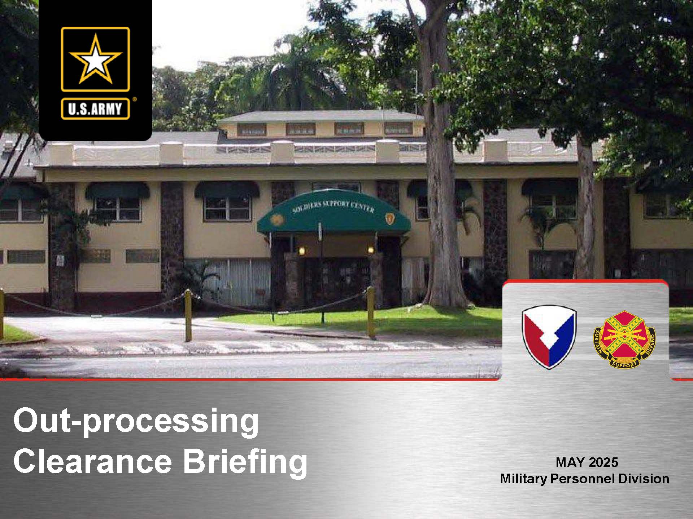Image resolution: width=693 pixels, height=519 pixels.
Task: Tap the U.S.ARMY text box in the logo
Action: (95, 108)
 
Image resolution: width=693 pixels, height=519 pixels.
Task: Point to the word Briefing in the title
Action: (245, 463)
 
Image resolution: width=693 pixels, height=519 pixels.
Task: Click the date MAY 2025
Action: (587, 462)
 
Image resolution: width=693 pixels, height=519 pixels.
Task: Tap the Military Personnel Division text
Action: (585, 479)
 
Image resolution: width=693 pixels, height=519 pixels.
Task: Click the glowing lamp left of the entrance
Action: (302, 250)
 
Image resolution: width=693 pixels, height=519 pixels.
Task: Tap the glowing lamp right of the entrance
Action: (370, 249)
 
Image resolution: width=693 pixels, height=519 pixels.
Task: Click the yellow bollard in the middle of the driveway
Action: (188, 315)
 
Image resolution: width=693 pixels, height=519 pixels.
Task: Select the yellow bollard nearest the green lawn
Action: (370, 312)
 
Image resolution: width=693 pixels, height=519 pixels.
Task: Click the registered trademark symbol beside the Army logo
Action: (135, 99)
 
